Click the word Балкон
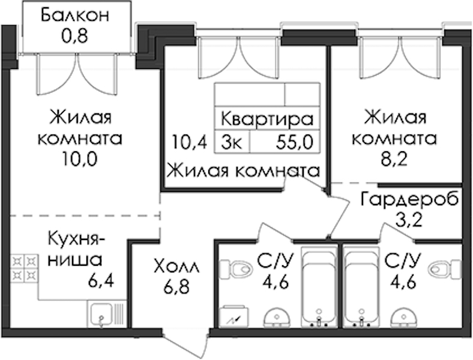point(75,16)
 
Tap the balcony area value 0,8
point(74,36)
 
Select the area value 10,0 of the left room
point(80,159)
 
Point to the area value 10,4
point(190,142)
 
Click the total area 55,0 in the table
point(294,142)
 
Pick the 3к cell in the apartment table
point(231,143)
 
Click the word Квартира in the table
point(267,119)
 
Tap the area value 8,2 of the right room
point(394,159)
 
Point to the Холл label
point(176,266)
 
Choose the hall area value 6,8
point(176,287)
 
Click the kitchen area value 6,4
point(101,281)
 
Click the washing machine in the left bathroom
point(234,317)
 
